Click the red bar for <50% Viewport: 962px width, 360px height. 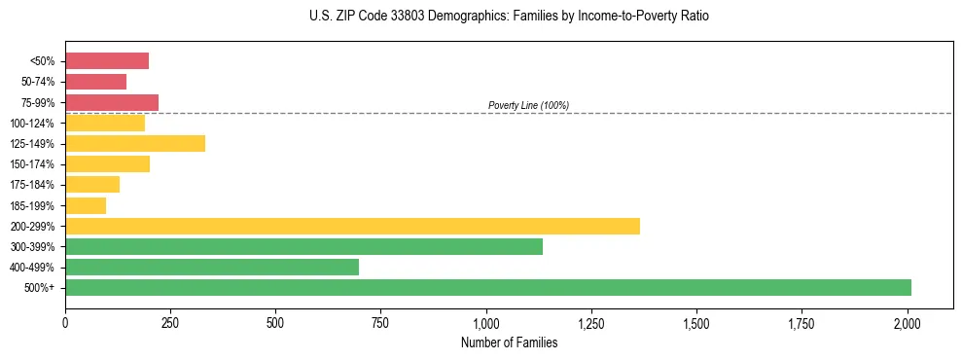[107, 61]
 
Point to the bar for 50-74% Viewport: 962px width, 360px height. [95, 82]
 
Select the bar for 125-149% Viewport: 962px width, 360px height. [135, 144]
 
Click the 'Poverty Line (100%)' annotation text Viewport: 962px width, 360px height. [528, 105]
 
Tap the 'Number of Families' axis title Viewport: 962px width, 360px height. [509, 342]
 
